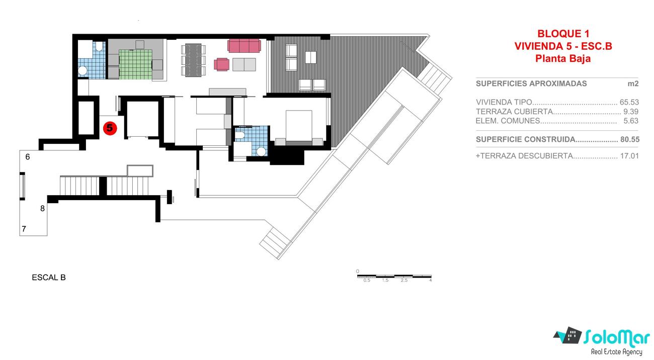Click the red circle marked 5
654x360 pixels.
110,128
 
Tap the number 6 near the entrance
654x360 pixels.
28,157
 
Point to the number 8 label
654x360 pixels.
42,208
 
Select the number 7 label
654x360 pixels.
24,229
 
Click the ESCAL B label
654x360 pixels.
49,278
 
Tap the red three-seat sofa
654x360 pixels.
244,46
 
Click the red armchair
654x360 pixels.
221,64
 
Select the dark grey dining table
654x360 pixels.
193,60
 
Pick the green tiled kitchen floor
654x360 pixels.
135,64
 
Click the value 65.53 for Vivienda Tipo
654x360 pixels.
629,102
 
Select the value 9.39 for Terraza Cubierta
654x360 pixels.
631,112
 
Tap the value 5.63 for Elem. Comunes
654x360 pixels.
631,121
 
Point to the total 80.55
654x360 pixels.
630,139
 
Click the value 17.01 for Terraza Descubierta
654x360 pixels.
629,156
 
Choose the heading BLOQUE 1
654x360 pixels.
563,34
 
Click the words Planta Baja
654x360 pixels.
563,59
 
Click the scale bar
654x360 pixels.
394,276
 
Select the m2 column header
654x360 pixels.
633,84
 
